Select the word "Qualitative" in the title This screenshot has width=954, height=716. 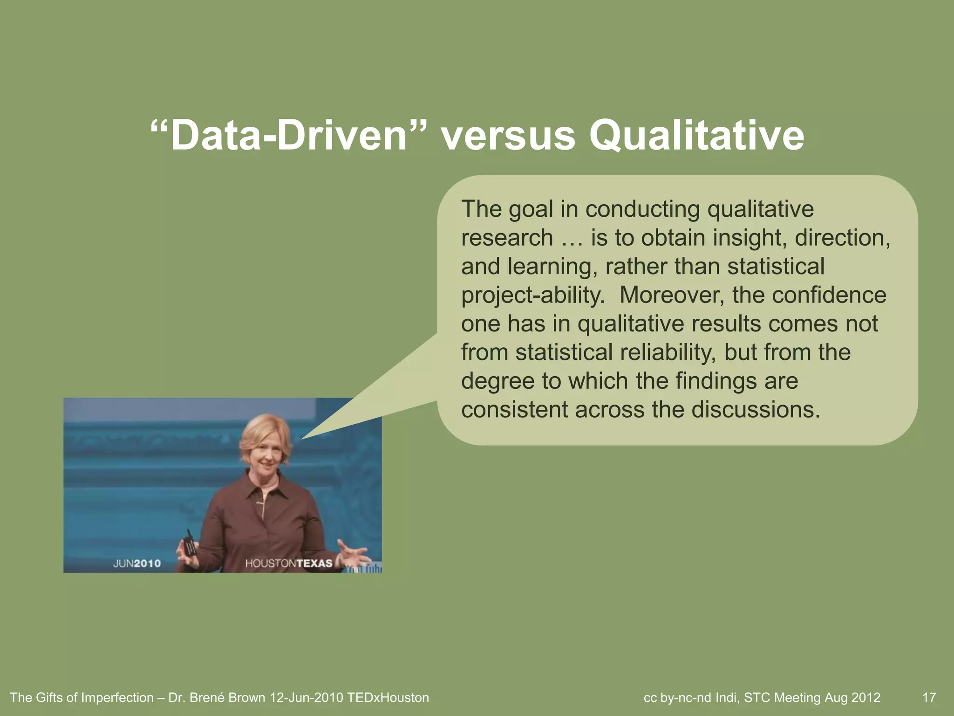coord(696,136)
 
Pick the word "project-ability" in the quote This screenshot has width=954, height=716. coord(532,295)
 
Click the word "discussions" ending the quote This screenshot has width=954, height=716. coord(754,410)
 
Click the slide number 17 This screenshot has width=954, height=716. coord(929,698)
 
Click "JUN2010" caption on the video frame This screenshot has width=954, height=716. coord(137,564)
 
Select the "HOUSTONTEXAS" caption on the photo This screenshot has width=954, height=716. coord(289,564)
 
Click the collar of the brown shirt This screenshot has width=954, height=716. coord(264,494)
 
